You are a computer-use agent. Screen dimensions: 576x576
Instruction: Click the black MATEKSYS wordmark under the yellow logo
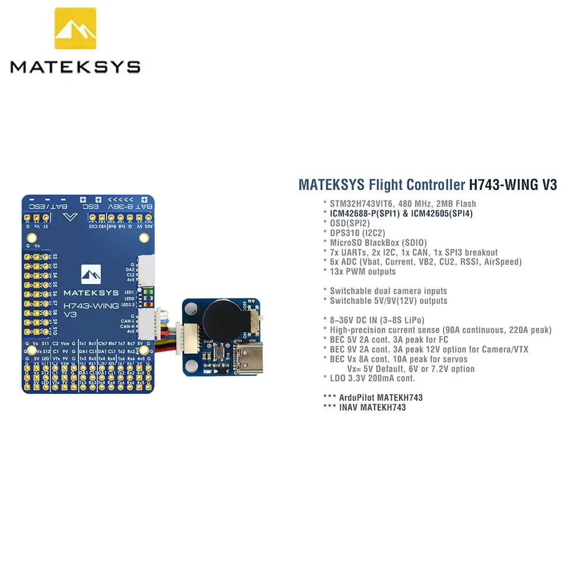pos(75,67)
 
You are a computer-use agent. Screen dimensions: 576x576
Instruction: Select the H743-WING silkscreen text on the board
pos(91,305)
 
